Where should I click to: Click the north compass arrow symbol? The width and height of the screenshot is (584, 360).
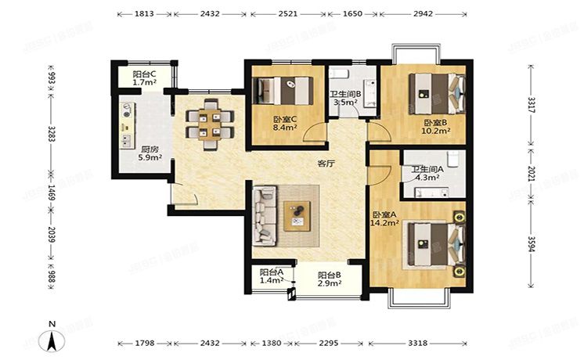click(x=52, y=340)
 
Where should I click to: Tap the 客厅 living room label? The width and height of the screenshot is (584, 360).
click(x=325, y=164)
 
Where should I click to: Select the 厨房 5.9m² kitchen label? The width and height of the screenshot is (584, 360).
click(x=150, y=153)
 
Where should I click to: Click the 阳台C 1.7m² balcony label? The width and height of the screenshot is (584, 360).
click(x=142, y=77)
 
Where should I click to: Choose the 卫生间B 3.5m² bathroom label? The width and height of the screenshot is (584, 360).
click(x=344, y=98)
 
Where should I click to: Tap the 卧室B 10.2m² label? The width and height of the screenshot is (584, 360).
click(x=435, y=127)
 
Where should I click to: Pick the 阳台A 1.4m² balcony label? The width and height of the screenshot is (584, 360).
click(x=271, y=275)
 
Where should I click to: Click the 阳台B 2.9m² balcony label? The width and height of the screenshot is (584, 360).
click(x=329, y=279)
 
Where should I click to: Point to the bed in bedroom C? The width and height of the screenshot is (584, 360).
click(x=287, y=88)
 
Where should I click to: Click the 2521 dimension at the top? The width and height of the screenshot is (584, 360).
click(x=286, y=14)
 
